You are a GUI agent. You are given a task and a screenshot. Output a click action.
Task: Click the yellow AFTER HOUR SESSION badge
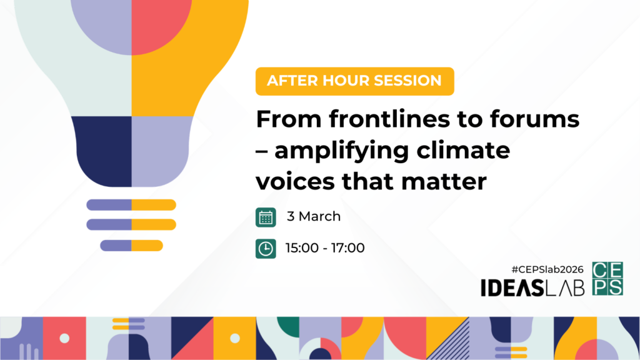355,81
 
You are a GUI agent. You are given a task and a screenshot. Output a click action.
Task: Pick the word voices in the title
295,182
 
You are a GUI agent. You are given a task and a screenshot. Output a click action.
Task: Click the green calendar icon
266,217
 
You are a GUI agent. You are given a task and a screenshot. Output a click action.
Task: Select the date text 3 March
314,216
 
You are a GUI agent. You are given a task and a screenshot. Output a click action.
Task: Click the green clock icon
266,249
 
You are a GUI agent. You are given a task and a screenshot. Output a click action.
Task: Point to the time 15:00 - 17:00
325,247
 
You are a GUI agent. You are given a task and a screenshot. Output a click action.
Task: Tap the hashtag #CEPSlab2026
547,269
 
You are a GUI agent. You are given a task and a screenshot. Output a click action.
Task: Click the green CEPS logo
607,278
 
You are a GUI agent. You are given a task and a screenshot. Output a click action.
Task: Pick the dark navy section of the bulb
103,151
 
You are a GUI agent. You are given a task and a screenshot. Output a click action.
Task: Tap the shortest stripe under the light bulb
131,245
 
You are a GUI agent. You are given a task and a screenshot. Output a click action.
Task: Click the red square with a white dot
64,338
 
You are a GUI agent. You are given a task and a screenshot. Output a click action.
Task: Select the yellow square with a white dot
235,338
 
